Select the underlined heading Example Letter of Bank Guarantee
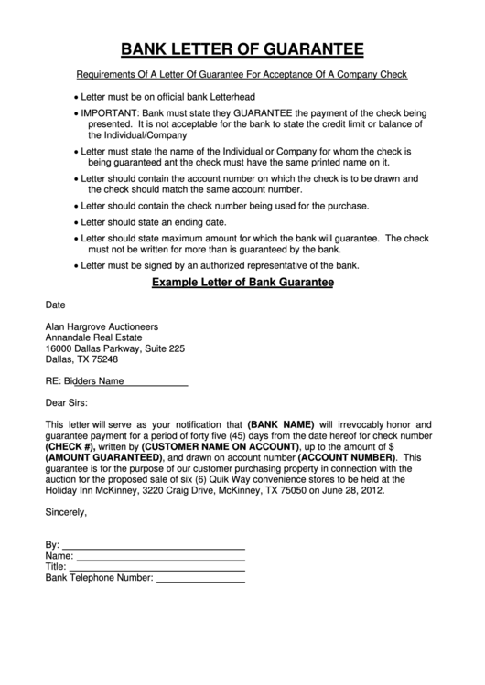[242, 284]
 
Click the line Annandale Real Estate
[95, 337]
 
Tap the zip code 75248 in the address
[102, 359]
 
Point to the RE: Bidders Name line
[116, 381]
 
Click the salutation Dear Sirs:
[70, 402]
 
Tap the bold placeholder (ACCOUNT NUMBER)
[348, 457]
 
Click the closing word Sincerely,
[67, 512]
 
